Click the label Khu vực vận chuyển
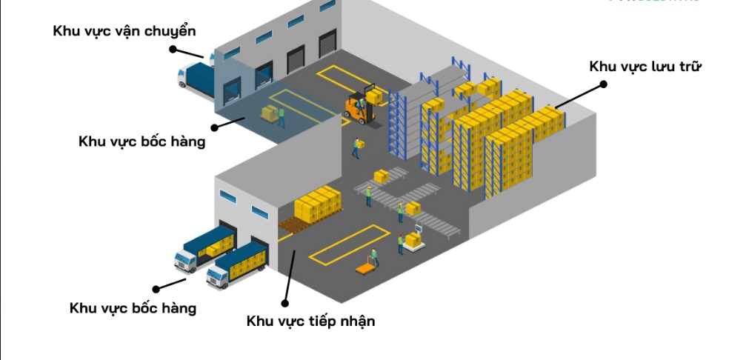coord(124,31)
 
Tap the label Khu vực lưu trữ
coord(645,67)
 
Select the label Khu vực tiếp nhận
coord(310,321)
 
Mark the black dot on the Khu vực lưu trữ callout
coord(603,84)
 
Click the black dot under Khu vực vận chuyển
coord(173,50)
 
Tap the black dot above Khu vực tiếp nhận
coord(285,301)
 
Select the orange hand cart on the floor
coord(365,269)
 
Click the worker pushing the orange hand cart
coord(376,256)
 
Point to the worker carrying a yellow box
coord(357,147)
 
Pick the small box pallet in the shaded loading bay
coord(270,114)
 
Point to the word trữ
coord(689,67)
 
